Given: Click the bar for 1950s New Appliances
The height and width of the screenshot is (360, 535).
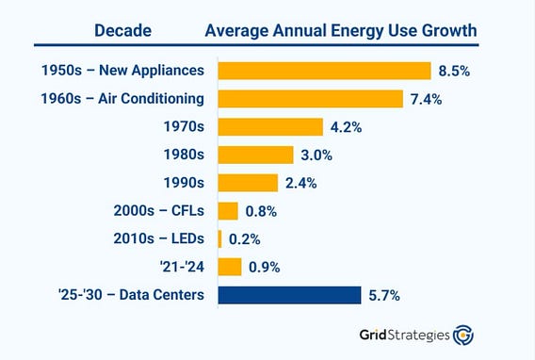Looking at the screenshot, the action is pyautogui.click(x=324, y=71).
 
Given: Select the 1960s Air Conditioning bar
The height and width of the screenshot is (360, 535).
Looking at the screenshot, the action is pyautogui.click(x=311, y=99).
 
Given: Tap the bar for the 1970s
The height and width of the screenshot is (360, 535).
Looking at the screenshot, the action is pyautogui.click(x=270, y=127).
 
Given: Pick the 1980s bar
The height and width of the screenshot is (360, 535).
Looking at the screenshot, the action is pyautogui.click(x=256, y=155).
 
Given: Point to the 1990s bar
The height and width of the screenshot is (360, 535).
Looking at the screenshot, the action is pyautogui.click(x=248, y=183).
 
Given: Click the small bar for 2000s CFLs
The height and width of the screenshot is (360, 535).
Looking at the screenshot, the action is pyautogui.click(x=228, y=211).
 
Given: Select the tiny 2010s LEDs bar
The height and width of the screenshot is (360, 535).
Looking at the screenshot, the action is pyautogui.click(x=220, y=238).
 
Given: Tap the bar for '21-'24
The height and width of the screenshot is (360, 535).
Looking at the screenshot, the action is pyautogui.click(x=230, y=267).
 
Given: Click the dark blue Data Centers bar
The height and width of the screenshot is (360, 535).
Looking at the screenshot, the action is pyautogui.click(x=290, y=295).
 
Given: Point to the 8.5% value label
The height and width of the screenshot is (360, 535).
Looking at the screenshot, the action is pyautogui.click(x=454, y=71).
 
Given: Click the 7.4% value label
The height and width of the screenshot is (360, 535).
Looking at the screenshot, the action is pyautogui.click(x=426, y=99).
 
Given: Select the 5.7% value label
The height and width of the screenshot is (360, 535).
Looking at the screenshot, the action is pyautogui.click(x=384, y=296).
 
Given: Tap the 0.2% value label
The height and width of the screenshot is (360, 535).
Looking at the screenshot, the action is pyautogui.click(x=245, y=239).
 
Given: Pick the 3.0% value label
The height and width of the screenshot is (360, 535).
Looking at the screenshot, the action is pyautogui.click(x=316, y=155).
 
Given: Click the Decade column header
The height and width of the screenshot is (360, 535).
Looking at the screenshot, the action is pyautogui.click(x=122, y=31).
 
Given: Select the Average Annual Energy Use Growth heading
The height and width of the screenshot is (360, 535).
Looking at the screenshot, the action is pyautogui.click(x=341, y=31).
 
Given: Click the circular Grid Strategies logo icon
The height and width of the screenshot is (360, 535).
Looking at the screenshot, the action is pyautogui.click(x=463, y=335).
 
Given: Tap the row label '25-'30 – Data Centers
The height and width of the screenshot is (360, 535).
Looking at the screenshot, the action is pyautogui.click(x=131, y=295).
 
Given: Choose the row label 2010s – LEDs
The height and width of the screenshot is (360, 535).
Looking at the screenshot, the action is pyautogui.click(x=159, y=238).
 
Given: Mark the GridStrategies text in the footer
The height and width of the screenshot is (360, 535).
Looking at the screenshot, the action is pyautogui.click(x=405, y=335).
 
